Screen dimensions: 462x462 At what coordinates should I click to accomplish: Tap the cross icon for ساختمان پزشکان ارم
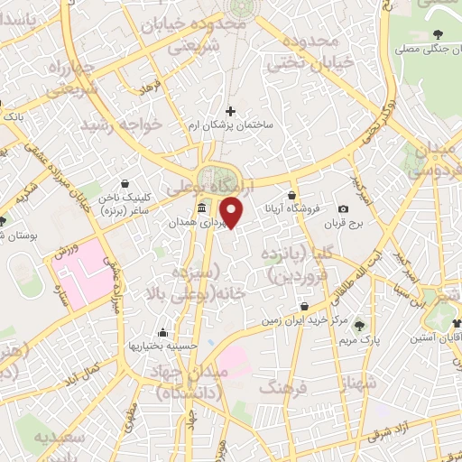231,111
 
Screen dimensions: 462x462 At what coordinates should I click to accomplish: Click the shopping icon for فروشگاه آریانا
292,195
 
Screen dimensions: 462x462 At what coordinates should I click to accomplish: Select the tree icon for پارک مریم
361,325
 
